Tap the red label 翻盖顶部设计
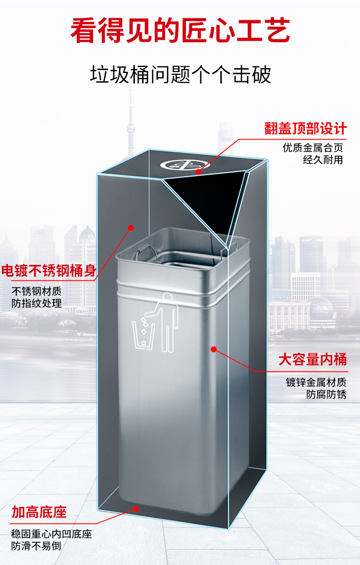[305, 129]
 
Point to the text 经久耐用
[323, 160]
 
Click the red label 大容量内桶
[312, 359]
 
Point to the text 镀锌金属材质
[316, 383]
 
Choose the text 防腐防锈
[326, 395]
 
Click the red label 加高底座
[39, 512]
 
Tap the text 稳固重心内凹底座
[51, 534]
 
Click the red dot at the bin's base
[136, 508]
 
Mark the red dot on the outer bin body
[130, 228]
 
